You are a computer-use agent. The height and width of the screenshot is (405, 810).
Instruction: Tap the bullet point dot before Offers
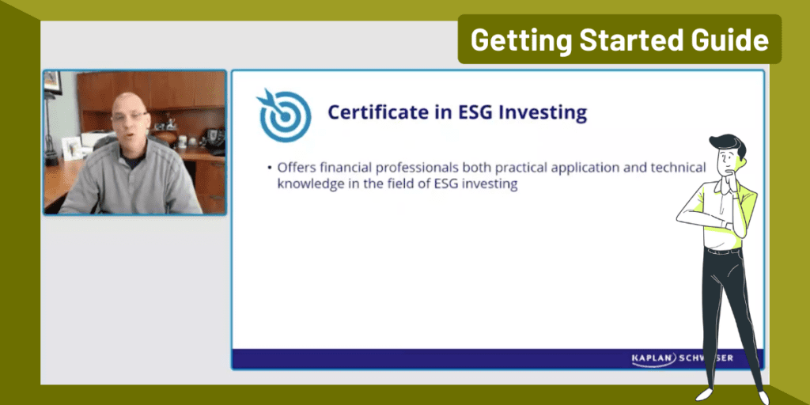click(270, 168)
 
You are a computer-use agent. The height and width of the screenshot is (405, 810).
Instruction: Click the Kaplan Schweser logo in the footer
click(682, 358)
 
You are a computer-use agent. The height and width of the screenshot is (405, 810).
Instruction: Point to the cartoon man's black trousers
click(724, 316)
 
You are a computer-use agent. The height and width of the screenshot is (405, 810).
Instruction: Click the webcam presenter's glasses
click(129, 116)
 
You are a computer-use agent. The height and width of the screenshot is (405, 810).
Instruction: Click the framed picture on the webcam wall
click(52, 81)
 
